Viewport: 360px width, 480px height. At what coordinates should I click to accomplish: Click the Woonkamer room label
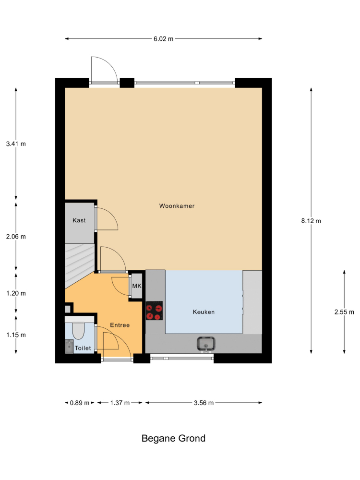click(177, 206)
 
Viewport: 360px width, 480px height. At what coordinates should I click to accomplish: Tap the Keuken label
click(204, 312)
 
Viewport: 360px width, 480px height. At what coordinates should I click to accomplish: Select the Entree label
click(120, 325)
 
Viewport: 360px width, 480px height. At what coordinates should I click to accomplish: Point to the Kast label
click(79, 220)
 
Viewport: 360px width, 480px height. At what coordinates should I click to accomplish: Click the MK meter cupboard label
click(137, 286)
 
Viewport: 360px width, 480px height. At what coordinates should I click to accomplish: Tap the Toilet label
click(83, 348)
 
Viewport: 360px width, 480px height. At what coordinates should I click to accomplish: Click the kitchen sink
click(206, 344)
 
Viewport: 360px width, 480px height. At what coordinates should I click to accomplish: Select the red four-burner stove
click(154, 311)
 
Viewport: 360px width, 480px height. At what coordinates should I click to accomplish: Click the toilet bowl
click(78, 331)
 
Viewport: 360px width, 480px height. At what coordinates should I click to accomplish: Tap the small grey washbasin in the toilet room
click(69, 346)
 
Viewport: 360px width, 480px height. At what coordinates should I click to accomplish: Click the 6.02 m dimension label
click(164, 39)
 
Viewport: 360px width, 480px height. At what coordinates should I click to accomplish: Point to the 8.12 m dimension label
click(311, 221)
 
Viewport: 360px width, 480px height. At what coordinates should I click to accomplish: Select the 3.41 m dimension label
click(16, 144)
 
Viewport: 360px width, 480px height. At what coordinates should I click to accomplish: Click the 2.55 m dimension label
click(344, 312)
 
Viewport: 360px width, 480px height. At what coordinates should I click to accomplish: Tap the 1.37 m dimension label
click(120, 403)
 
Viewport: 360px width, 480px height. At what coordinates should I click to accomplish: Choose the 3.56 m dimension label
click(204, 403)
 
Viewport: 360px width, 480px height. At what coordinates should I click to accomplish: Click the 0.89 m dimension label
click(80, 403)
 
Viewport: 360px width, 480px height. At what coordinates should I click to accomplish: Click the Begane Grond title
click(173, 438)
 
